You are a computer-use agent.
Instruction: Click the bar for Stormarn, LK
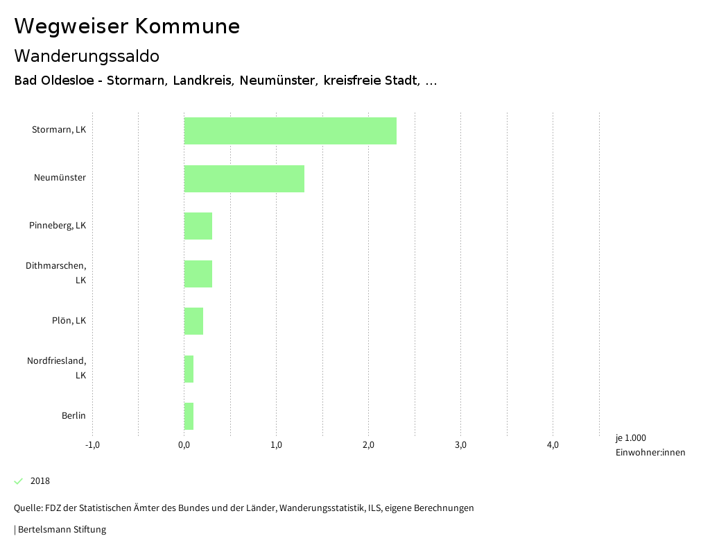tap(290, 131)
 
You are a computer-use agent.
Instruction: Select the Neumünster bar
tap(244, 178)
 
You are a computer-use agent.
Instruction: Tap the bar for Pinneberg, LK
tap(198, 226)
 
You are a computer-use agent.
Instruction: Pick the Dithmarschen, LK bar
tap(198, 274)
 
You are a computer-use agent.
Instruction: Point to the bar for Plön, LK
tap(193, 321)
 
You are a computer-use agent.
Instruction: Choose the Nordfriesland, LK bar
tap(189, 369)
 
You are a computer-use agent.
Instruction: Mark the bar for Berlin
tap(189, 416)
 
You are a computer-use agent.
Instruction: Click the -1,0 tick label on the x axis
tap(92, 445)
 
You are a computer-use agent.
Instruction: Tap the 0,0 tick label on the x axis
tap(184, 445)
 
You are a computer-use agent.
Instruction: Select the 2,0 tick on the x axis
tap(368, 445)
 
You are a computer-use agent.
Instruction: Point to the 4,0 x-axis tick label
tap(553, 445)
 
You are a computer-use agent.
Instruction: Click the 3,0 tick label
tap(460, 445)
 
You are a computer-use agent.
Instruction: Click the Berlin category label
tap(73, 416)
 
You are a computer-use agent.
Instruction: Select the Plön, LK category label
tap(69, 321)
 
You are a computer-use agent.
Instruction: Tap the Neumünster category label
tap(60, 178)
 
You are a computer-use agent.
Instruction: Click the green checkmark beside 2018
tap(19, 481)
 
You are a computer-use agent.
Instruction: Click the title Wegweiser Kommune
tap(127, 26)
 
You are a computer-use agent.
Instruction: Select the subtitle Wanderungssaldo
tap(87, 56)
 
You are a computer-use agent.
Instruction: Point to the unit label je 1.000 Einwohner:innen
tap(650, 445)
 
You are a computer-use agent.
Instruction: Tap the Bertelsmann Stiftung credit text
tap(61, 530)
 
